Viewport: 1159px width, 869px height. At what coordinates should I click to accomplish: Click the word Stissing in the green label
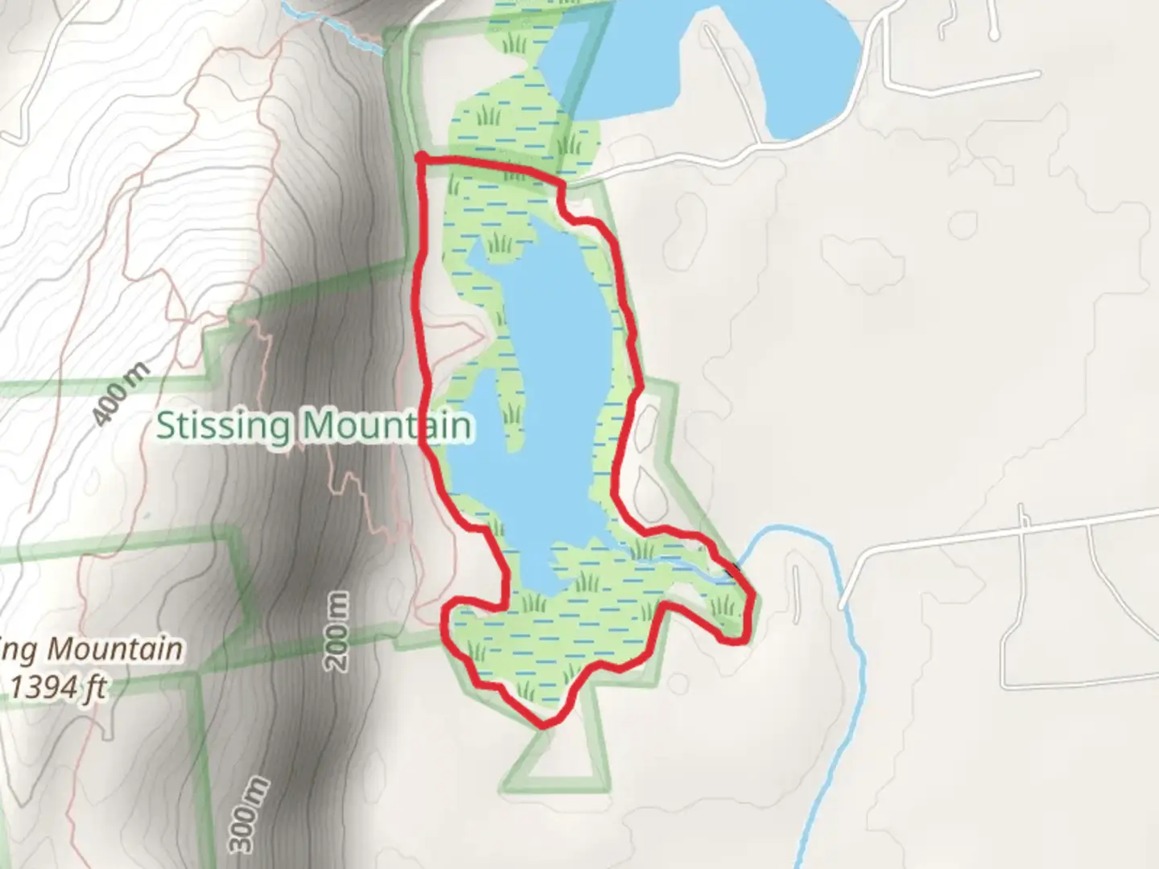[222, 425]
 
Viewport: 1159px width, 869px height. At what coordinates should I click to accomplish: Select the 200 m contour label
[339, 632]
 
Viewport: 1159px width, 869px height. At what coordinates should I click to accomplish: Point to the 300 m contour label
[246, 813]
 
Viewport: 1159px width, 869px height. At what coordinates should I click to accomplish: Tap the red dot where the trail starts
[420, 157]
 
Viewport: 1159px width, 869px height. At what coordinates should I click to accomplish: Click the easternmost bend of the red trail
[752, 599]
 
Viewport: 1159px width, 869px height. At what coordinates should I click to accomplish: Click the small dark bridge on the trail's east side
[732, 570]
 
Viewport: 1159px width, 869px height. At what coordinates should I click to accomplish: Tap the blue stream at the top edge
[338, 24]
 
